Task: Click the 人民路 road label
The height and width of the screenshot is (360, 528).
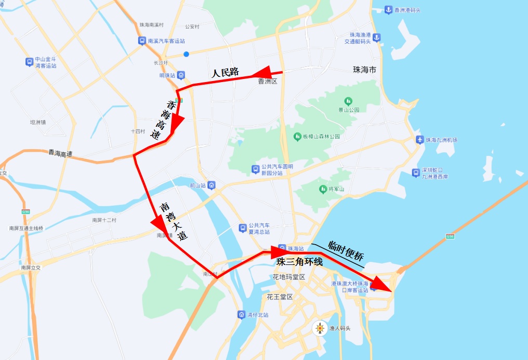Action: (x=225, y=73)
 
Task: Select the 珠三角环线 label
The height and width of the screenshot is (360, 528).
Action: (x=299, y=262)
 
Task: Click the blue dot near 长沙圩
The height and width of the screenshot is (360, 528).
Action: (x=186, y=54)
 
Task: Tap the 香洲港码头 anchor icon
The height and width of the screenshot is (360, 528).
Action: (x=388, y=10)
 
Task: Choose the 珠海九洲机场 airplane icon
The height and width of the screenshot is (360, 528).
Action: (x=420, y=140)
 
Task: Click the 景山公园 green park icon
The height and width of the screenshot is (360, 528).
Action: (x=348, y=101)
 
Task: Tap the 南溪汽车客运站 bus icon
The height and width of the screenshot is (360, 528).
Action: (x=142, y=41)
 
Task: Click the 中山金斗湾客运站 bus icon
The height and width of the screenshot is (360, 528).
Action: (x=29, y=62)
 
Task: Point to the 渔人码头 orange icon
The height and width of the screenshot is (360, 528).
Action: (x=320, y=328)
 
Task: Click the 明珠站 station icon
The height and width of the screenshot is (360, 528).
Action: (x=180, y=75)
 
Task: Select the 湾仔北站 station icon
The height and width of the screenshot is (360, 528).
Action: (x=241, y=315)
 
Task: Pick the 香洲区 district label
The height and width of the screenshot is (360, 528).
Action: (x=268, y=82)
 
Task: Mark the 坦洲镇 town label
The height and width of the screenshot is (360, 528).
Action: (x=38, y=123)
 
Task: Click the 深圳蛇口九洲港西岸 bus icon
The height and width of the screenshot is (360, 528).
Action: (x=416, y=172)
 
